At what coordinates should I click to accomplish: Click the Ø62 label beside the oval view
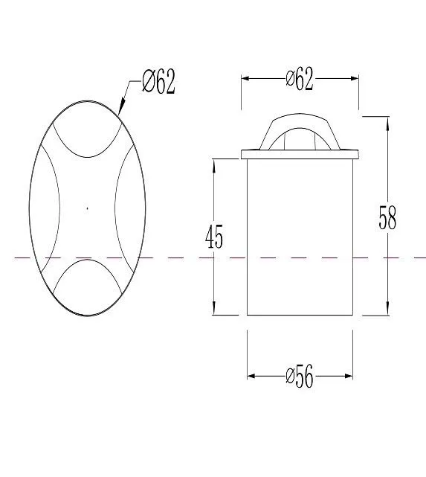click(158, 81)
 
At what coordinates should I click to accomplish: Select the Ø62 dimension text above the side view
click(300, 79)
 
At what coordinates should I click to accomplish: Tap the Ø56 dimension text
click(300, 377)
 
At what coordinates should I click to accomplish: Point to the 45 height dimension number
click(214, 237)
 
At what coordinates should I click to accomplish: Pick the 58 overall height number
click(387, 218)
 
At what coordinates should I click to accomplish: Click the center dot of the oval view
click(88, 208)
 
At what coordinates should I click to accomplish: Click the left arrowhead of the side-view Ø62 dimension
click(245, 78)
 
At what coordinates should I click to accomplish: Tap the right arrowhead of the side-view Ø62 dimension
click(355, 78)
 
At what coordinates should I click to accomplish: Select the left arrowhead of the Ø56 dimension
click(251, 377)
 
